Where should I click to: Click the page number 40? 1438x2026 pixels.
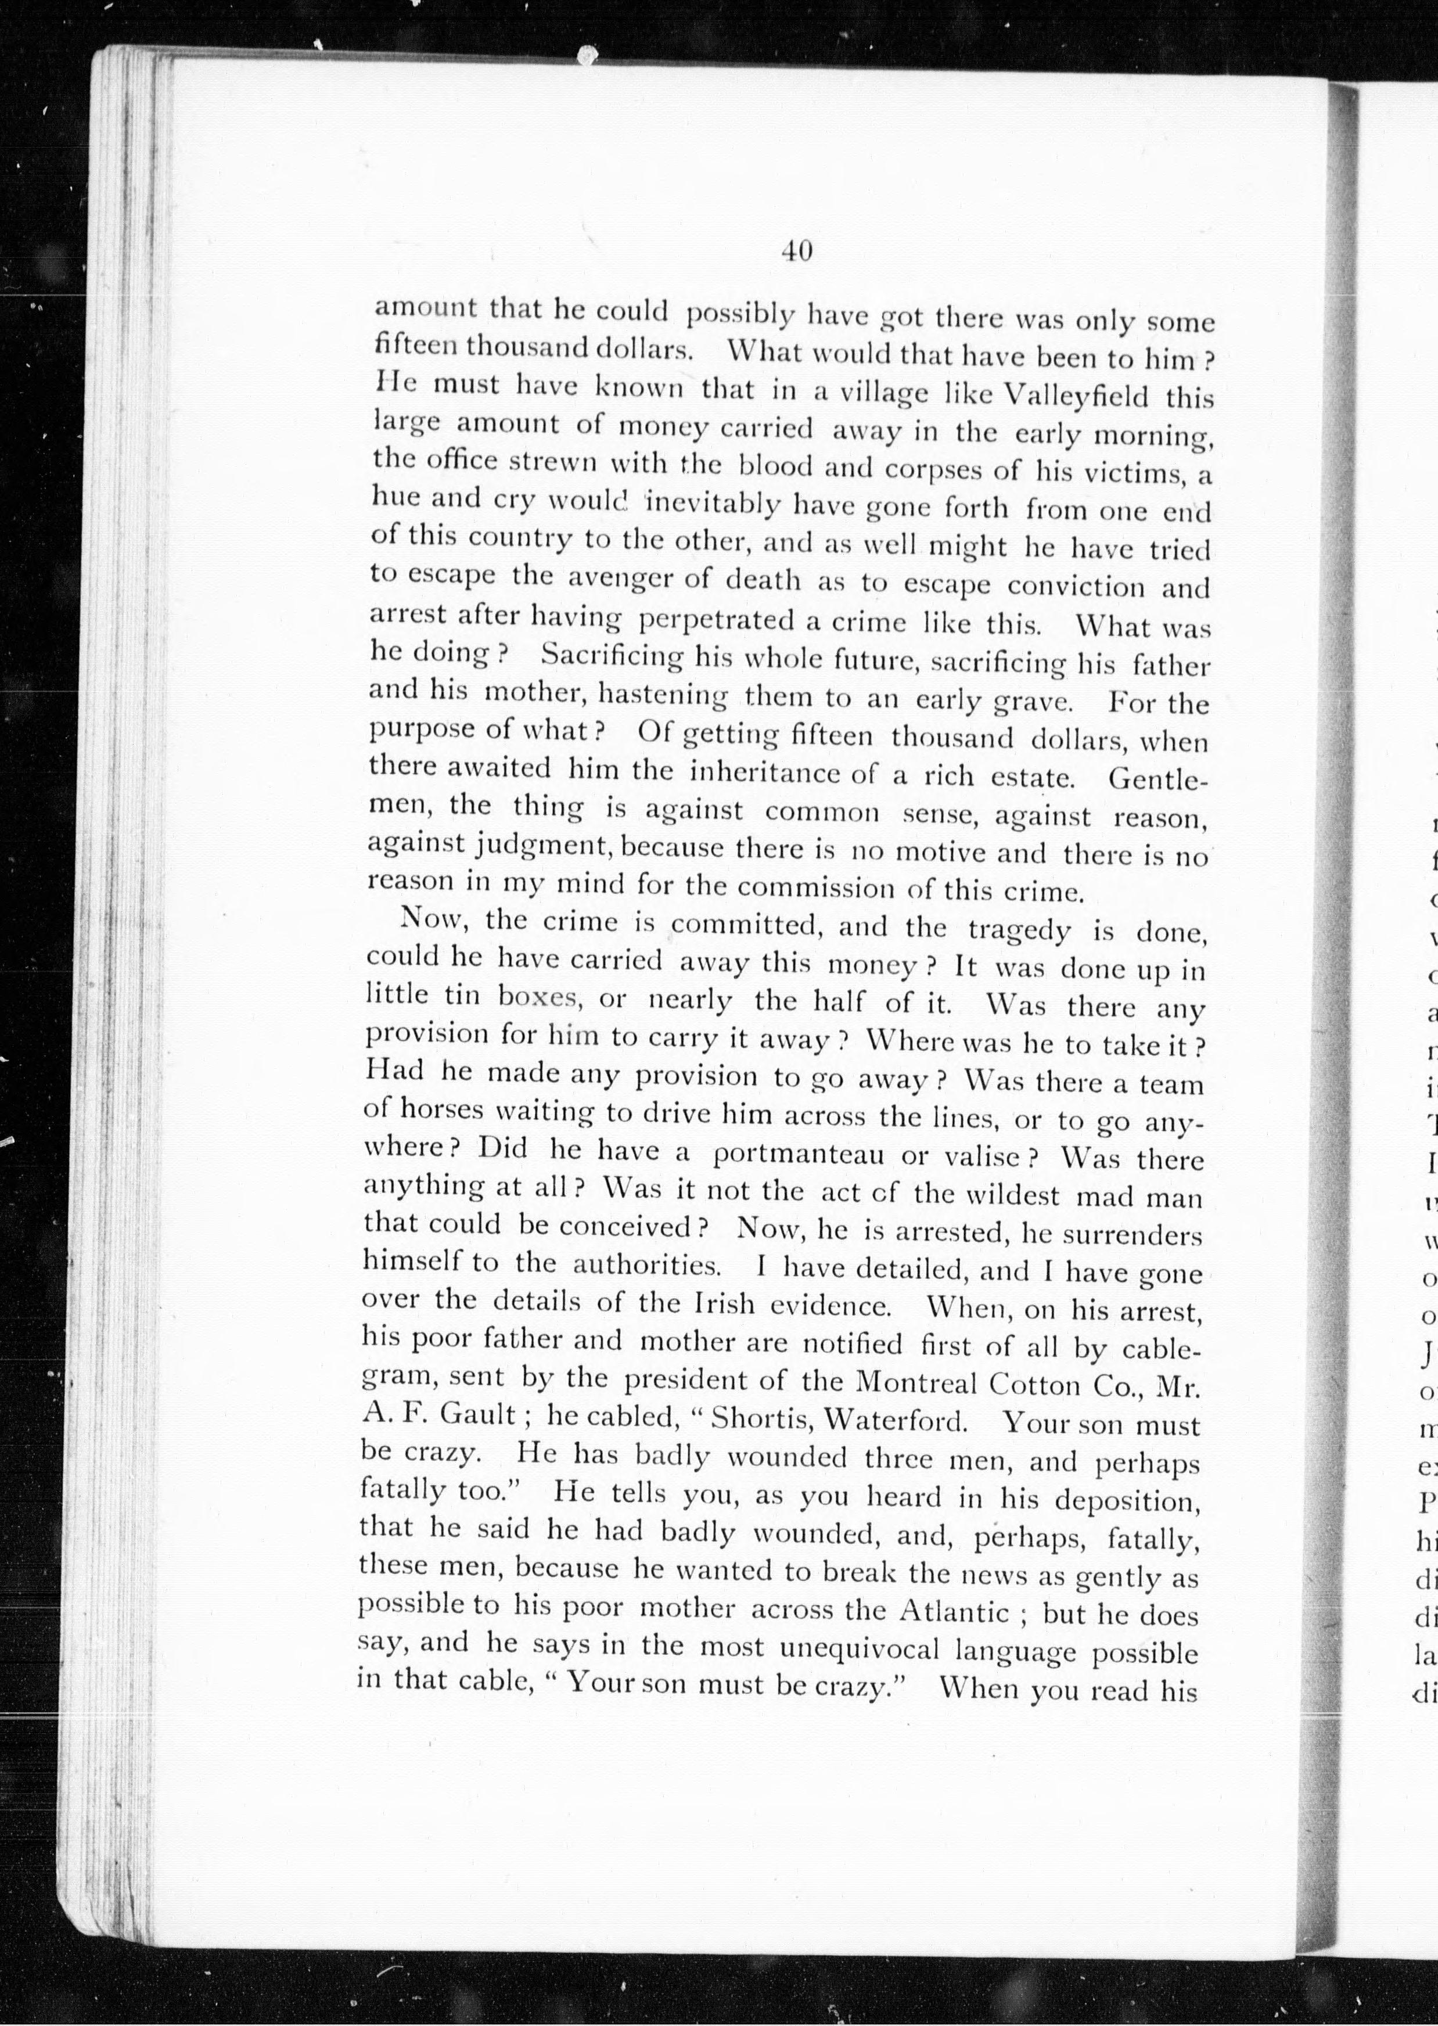pyautogui.click(x=796, y=252)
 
